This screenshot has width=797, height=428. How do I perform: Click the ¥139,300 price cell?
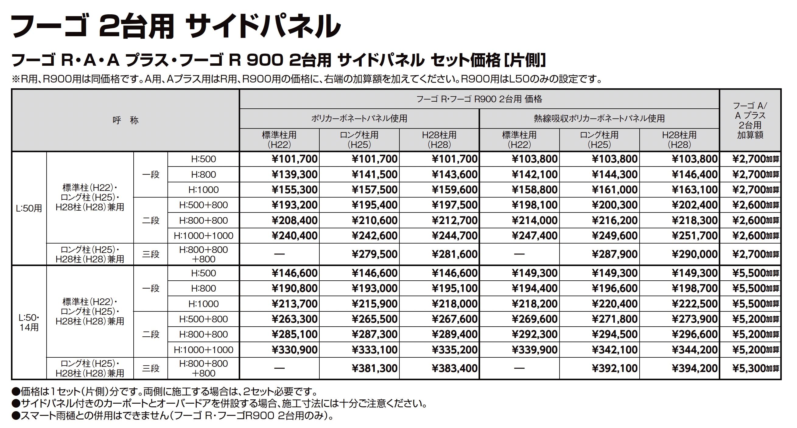295,174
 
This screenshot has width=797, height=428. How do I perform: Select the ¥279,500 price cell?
375,254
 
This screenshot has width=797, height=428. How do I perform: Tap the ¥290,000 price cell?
695,254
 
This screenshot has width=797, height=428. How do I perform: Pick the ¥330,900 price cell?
295,350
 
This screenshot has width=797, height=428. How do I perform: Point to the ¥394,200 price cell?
695,368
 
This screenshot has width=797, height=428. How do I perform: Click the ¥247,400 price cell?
535,236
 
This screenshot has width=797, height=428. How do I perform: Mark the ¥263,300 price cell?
295,319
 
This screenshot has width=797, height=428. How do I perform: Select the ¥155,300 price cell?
295,190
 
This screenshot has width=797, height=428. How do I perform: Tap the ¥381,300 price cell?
375,368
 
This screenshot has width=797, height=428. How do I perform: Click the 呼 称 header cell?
125,120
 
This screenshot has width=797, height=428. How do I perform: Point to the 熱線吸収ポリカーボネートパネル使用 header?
599,118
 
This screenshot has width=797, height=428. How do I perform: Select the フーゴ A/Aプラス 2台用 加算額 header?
750,120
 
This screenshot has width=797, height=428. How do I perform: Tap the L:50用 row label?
29,208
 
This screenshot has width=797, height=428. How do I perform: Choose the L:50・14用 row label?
29,322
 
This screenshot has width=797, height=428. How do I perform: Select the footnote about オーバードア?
220,404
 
